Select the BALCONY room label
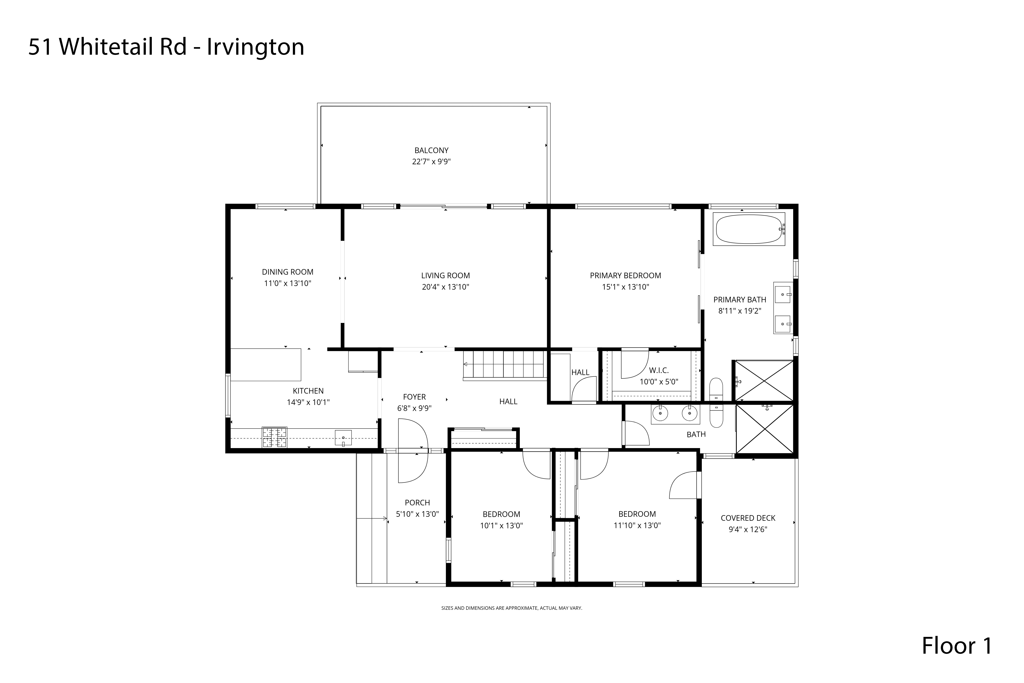[x=431, y=150]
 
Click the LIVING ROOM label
[x=445, y=275]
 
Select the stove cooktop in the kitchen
[x=274, y=438]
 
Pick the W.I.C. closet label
[x=658, y=370]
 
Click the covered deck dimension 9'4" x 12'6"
[x=748, y=529]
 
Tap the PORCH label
[x=417, y=502]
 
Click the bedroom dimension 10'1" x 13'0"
[x=501, y=525]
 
